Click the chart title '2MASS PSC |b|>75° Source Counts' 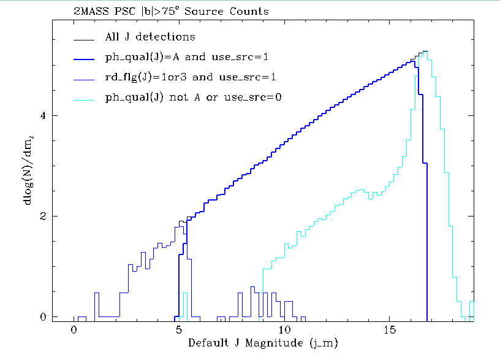pyautogui.click(x=170, y=12)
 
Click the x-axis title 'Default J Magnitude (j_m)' pyautogui.click(x=262, y=342)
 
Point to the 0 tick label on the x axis pyautogui.click(x=74, y=329)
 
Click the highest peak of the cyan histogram pyautogui.click(x=425, y=52)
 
